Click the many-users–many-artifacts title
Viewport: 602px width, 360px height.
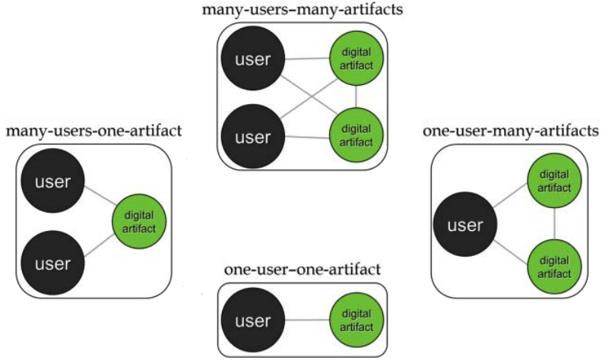(x=302, y=10)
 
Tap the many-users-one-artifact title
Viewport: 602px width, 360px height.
(x=93, y=131)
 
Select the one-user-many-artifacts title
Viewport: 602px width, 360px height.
(x=510, y=131)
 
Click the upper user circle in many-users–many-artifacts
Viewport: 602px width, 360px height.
(x=252, y=58)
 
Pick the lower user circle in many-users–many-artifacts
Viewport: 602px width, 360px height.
(x=252, y=137)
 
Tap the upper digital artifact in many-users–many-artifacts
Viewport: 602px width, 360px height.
(x=356, y=58)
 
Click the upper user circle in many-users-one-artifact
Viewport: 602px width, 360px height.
(x=53, y=182)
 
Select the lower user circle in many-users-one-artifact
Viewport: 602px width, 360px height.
(x=53, y=264)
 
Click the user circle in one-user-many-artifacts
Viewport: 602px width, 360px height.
(x=464, y=226)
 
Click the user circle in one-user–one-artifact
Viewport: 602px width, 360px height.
(x=252, y=321)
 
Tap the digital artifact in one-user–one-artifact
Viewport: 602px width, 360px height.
(x=356, y=321)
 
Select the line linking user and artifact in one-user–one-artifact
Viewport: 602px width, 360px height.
(x=306, y=321)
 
